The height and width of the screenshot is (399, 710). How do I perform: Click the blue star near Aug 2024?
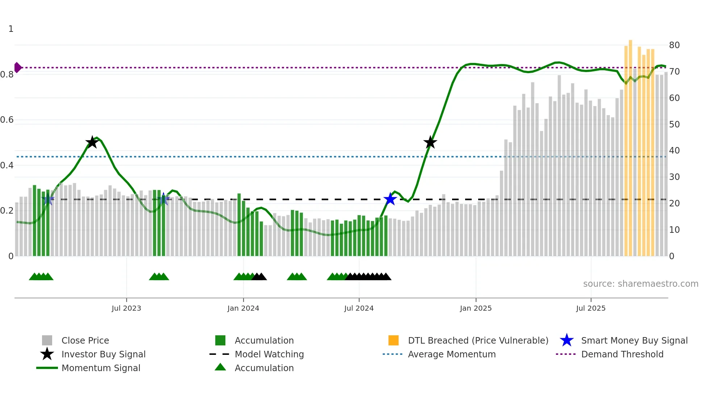pos(390,199)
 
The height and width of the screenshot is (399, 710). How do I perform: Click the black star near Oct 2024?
pos(430,142)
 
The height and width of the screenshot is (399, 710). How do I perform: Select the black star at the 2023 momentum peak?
pos(92,142)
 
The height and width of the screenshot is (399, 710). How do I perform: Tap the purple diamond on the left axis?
pos(17,68)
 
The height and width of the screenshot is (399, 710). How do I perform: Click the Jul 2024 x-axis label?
pos(359,308)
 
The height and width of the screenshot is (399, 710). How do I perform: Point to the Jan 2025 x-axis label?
pos(476,308)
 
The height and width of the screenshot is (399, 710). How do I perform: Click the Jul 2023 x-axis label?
pos(126,308)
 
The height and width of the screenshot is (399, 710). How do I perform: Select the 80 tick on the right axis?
pos(674,45)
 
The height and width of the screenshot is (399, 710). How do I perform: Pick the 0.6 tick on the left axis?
pos(7,120)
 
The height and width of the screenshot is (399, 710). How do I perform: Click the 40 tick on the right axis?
pos(674,151)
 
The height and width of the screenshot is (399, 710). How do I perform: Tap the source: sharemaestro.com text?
pos(640,284)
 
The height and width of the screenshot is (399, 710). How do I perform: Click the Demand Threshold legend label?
pos(622,354)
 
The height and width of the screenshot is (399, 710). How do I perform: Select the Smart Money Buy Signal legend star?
pos(567,340)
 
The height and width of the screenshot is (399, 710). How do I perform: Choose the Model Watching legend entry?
pos(269,354)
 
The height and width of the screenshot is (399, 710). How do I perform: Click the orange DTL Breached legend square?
pos(393,340)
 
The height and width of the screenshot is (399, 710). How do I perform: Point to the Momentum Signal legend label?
pos(101,368)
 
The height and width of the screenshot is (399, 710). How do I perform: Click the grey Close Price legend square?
pos(47,340)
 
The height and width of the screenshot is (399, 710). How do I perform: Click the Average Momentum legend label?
pos(452,354)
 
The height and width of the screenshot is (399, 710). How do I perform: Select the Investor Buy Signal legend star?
pos(47,354)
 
